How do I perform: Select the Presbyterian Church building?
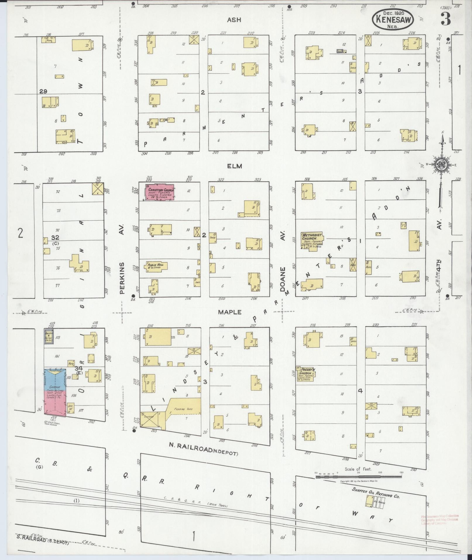tap(305, 374)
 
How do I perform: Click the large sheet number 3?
tap(445, 19)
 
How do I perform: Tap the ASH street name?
tap(234, 20)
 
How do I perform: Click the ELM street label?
tap(234, 166)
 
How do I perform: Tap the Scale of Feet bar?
tap(358, 477)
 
